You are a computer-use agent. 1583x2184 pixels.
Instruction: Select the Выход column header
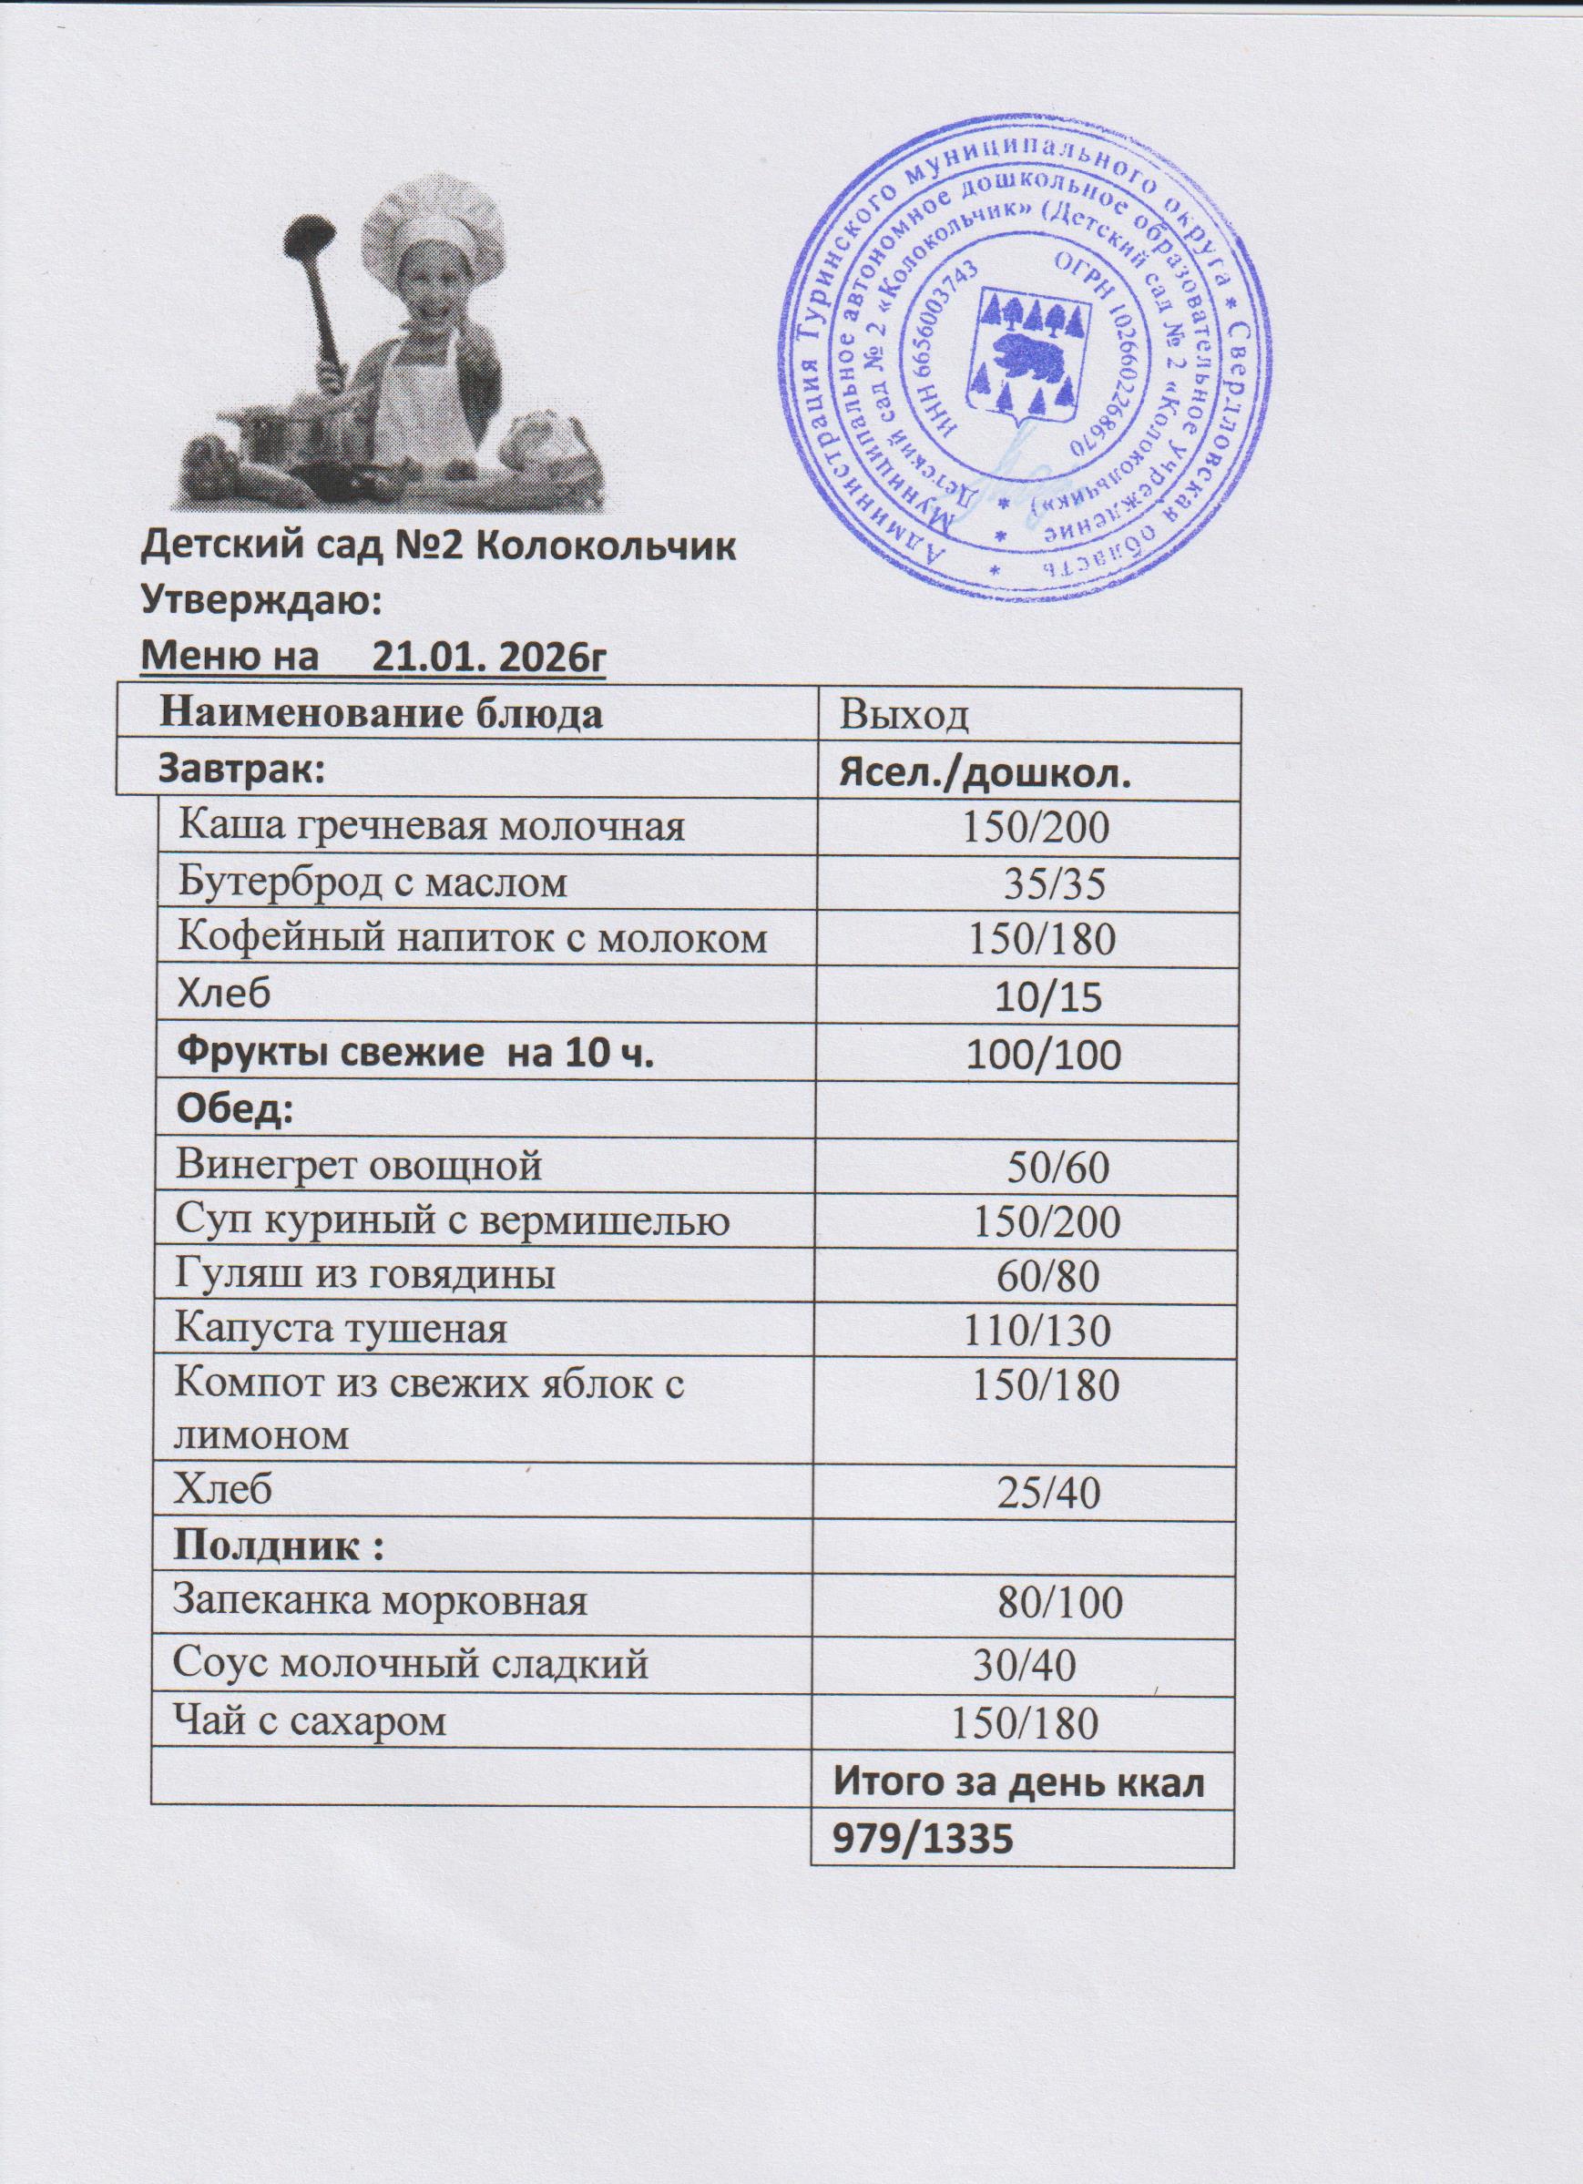904,716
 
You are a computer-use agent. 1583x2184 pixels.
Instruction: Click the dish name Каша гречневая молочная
434,825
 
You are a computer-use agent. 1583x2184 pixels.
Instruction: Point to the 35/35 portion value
1054,883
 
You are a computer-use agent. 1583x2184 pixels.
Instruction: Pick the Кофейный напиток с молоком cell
473,937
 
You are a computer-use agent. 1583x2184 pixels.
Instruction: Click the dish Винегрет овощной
359,1165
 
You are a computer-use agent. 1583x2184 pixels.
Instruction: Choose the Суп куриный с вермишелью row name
452,1220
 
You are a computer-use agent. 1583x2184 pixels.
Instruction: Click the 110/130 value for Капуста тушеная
1038,1332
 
